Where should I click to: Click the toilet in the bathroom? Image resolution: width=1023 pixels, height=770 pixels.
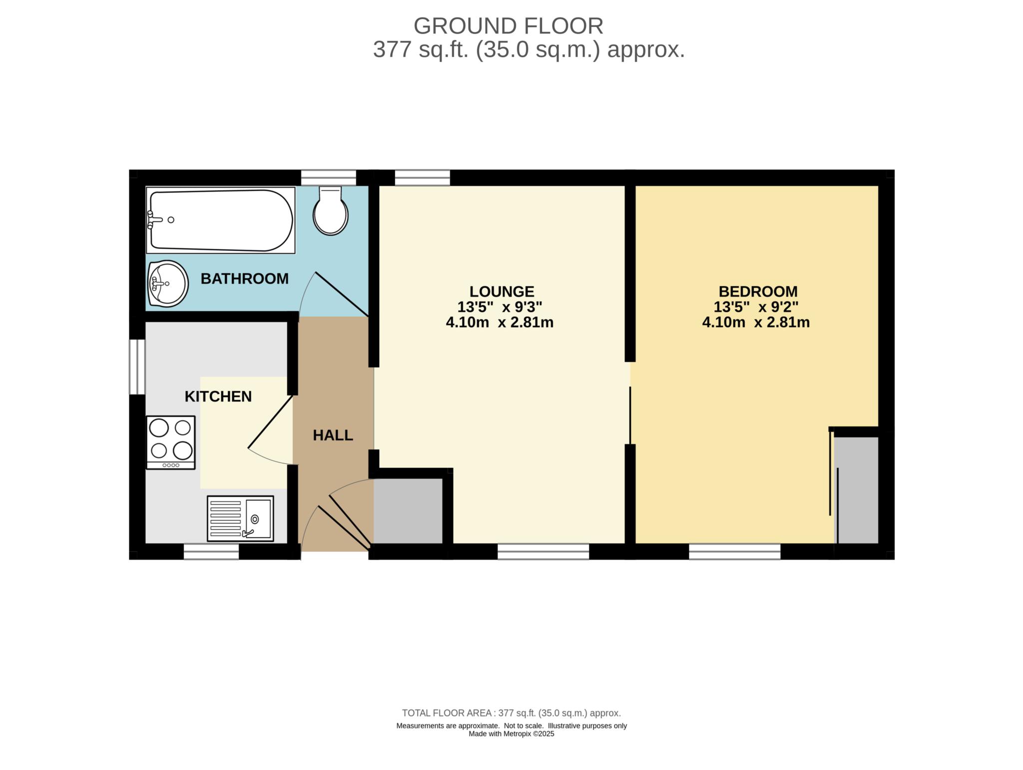coord(330,212)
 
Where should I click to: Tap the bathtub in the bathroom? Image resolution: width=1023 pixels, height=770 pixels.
coord(220,220)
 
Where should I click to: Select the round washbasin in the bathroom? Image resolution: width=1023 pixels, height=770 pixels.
coord(168,284)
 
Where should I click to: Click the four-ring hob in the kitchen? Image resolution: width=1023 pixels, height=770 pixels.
coord(171,442)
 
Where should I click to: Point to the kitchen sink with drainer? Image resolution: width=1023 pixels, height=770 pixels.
coord(240,518)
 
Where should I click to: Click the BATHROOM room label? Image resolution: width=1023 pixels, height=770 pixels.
coord(244,279)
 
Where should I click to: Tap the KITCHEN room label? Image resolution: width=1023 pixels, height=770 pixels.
coord(218,396)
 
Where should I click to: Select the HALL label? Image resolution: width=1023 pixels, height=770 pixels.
coord(333,435)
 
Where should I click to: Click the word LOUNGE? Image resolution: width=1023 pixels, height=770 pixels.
coord(502,291)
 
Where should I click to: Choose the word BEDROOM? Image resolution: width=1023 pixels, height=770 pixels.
coord(758,291)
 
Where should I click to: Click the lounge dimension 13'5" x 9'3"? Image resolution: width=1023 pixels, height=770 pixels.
coord(500,307)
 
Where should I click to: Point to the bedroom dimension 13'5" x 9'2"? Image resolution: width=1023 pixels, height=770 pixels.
coord(756,307)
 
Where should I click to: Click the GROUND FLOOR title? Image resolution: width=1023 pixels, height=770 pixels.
coord(508,26)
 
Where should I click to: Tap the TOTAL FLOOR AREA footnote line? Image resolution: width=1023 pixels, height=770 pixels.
coord(511,713)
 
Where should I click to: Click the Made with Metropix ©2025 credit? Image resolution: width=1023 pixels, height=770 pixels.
coord(511,734)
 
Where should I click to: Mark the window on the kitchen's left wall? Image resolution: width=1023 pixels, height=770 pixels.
coord(137,367)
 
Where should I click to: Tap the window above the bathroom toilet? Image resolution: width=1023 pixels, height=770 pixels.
coord(328,178)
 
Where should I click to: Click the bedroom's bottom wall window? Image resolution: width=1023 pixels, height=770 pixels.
coord(734,551)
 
